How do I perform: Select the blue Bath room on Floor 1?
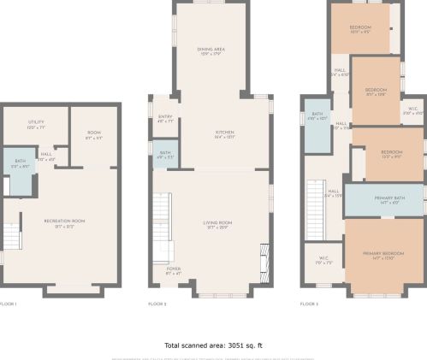(19, 173)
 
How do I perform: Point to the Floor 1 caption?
(8, 304)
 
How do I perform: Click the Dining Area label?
(211, 50)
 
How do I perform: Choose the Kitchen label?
(224, 133)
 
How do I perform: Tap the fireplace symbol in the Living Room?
(264, 257)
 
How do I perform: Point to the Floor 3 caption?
(309, 304)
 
